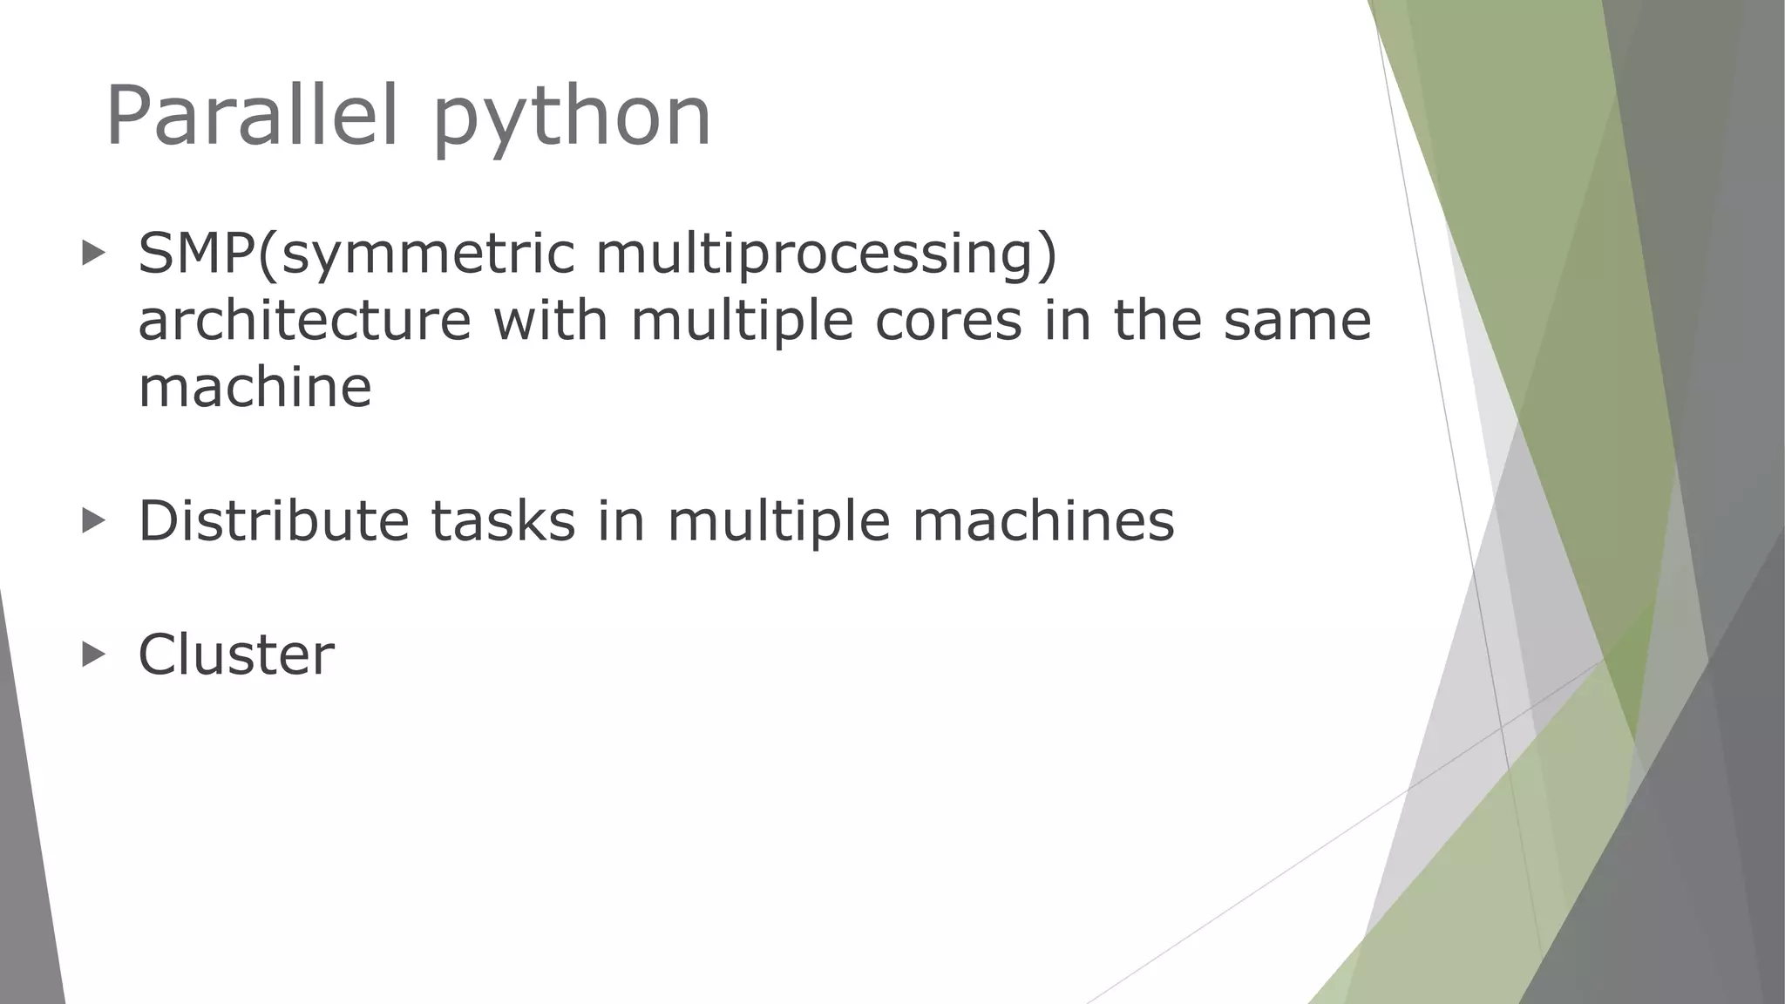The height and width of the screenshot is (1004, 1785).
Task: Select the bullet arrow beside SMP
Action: (93, 254)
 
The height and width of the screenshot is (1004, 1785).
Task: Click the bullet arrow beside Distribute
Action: (93, 520)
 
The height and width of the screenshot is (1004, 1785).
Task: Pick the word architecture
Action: (304, 320)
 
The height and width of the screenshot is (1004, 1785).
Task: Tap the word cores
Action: (948, 320)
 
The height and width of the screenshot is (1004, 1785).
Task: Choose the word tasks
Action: (503, 520)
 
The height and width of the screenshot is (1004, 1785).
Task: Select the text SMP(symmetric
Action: (356, 255)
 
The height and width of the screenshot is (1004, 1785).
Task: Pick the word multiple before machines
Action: (778, 522)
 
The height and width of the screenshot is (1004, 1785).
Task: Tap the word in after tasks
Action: (621, 520)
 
